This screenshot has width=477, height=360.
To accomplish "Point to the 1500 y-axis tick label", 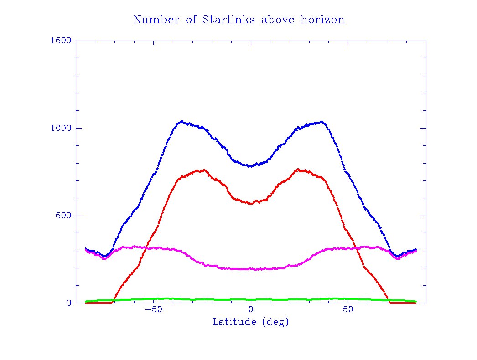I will (x=61, y=41).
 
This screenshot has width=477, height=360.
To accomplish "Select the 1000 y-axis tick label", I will (x=61, y=128).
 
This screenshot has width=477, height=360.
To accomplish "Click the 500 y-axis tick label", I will (x=62, y=216).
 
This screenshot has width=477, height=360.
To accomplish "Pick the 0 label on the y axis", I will (x=68, y=303).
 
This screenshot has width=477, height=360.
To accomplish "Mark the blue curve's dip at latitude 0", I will (x=251, y=166).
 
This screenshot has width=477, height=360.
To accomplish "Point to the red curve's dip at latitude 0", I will (x=251, y=203).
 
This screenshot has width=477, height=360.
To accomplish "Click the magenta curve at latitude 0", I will (x=251, y=269).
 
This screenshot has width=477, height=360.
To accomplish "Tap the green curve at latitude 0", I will (x=251, y=299).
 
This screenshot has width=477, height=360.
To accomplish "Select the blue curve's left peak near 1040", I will (x=182, y=121).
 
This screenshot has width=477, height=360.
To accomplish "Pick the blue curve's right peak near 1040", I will (x=322, y=121).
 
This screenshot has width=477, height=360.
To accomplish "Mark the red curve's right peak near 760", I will (x=298, y=170).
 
